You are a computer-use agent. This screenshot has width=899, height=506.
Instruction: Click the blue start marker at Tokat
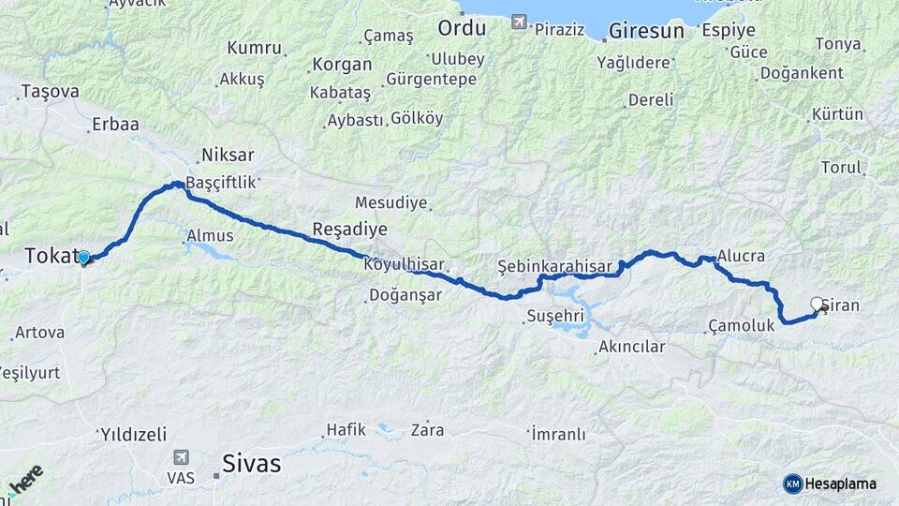pyautogui.click(x=83, y=257)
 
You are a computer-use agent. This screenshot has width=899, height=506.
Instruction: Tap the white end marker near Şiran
pyautogui.click(x=817, y=304)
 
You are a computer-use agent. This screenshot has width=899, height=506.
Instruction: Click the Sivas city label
pyautogui.click(x=251, y=463)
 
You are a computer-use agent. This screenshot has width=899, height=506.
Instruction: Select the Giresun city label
pyautogui.click(x=645, y=31)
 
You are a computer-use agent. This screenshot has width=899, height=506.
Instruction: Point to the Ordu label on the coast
pyautogui.click(x=462, y=28)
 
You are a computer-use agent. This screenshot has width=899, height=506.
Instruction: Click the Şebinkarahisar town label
pyautogui.click(x=555, y=265)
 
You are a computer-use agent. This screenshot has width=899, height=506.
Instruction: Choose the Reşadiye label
pyautogui.click(x=349, y=230)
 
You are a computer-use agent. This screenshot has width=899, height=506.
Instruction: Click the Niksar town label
pyautogui.click(x=228, y=155)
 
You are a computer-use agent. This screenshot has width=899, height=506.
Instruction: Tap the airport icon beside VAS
pyautogui.click(x=181, y=458)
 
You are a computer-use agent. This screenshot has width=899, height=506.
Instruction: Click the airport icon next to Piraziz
pyautogui.click(x=519, y=22)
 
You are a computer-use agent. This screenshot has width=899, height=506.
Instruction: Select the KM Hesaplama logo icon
pyautogui.click(x=793, y=484)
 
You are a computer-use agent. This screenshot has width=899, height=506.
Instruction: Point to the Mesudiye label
pyautogui.click(x=391, y=202)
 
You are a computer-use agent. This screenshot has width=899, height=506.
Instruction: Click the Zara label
pyautogui.click(x=427, y=431)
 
